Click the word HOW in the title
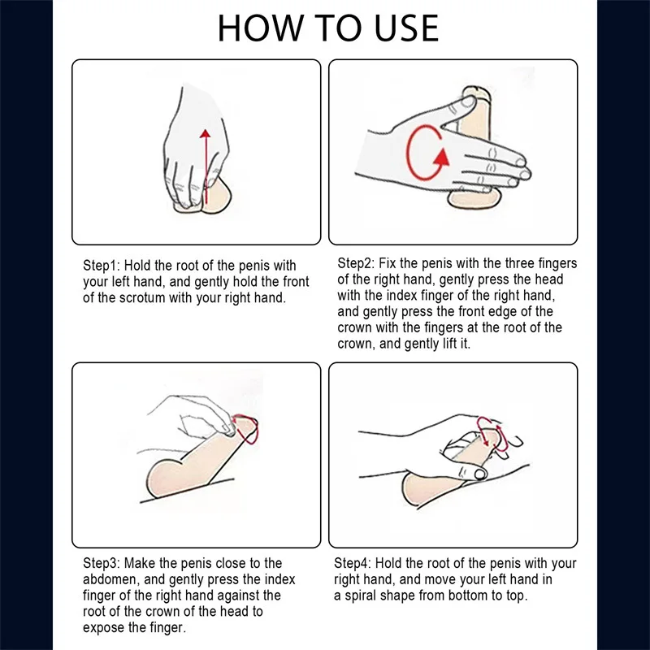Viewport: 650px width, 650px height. (260, 28)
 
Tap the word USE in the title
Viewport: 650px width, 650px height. (406, 28)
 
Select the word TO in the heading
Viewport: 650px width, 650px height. (337, 28)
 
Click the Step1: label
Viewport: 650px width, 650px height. (102, 266)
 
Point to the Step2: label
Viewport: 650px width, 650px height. (356, 263)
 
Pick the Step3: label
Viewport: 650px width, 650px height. (102, 564)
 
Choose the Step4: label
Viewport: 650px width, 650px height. (353, 564)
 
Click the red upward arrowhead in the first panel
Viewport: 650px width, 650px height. (205, 133)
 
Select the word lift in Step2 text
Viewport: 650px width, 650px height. (449, 344)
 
